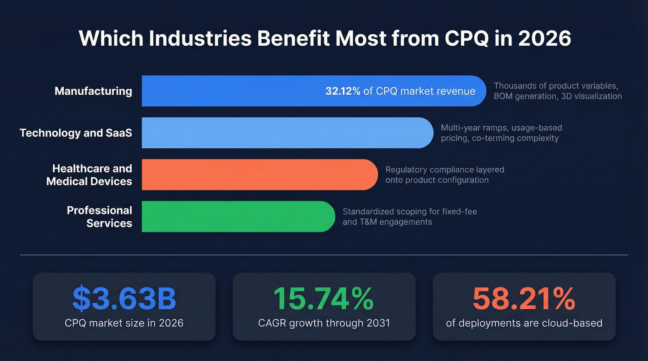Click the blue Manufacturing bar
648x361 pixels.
point(231,91)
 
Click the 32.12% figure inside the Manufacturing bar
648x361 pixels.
point(343,91)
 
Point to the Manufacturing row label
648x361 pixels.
point(93,91)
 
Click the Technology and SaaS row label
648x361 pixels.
point(75,133)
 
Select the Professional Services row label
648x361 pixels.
point(99,217)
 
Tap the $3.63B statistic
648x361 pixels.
point(124,299)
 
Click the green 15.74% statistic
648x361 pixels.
point(324,299)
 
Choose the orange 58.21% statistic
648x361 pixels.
point(524,299)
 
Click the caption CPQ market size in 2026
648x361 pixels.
point(124,323)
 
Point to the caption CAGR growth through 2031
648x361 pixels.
point(324,323)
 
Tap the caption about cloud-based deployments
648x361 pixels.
point(524,323)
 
